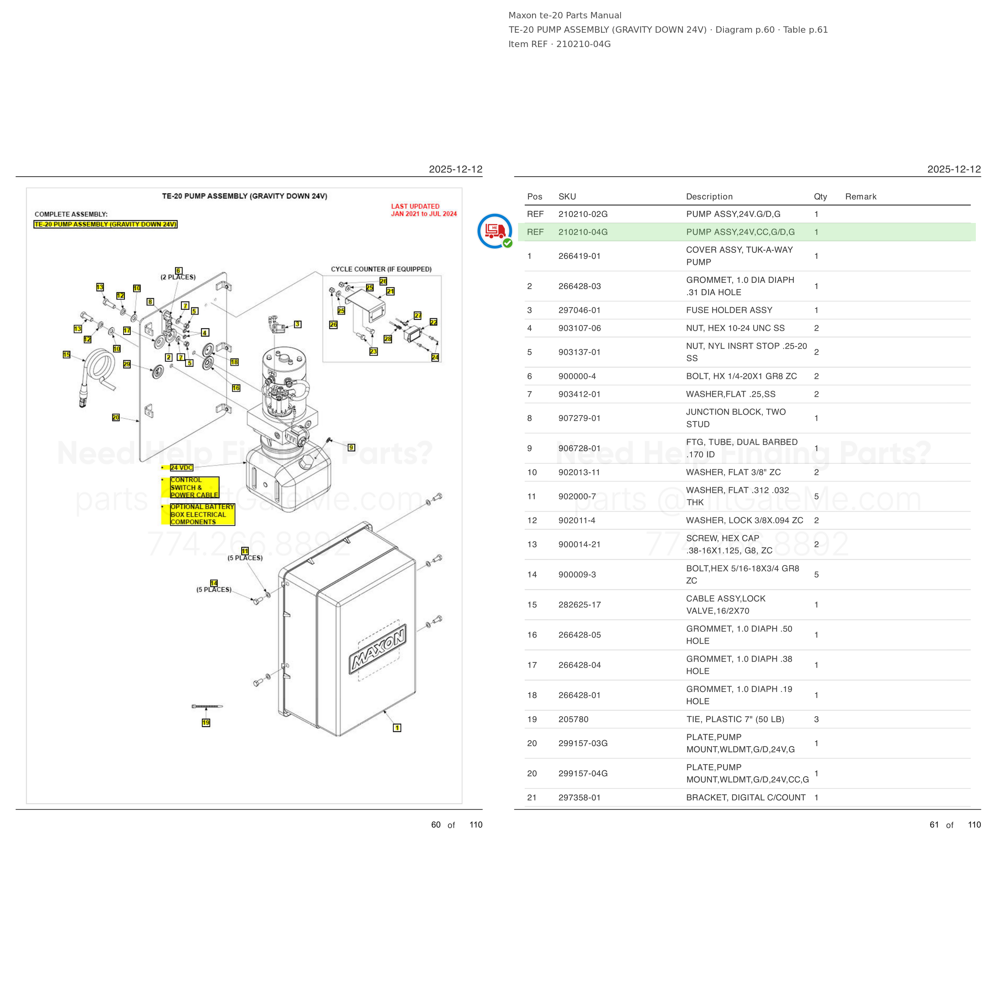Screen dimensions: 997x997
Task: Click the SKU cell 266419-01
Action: tap(579, 256)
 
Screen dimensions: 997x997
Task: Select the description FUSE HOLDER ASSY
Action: tap(729, 310)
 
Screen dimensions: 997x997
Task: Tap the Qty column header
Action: tap(820, 197)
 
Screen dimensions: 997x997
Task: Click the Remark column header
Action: tap(860, 197)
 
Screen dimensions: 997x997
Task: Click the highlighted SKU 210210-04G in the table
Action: tap(583, 232)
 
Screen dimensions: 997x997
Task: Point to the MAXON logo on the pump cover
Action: tap(377, 649)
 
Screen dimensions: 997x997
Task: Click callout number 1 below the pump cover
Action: tap(397, 728)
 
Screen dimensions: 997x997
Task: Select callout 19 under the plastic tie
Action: tap(206, 723)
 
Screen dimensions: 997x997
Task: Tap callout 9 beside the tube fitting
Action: tap(351, 447)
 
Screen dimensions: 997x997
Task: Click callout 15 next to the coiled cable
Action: tap(67, 355)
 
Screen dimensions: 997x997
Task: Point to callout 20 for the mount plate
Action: tap(116, 417)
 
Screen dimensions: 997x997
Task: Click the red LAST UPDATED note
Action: tap(424, 210)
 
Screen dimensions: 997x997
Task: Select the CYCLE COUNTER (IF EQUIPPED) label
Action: tap(381, 269)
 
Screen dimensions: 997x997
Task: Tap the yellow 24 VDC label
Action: tap(181, 467)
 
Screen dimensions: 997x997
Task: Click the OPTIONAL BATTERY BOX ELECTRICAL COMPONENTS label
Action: tap(202, 514)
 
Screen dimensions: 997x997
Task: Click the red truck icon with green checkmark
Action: tap(495, 231)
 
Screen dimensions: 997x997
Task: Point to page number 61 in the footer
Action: tap(934, 825)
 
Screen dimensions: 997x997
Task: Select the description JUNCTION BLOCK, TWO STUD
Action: tap(736, 418)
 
